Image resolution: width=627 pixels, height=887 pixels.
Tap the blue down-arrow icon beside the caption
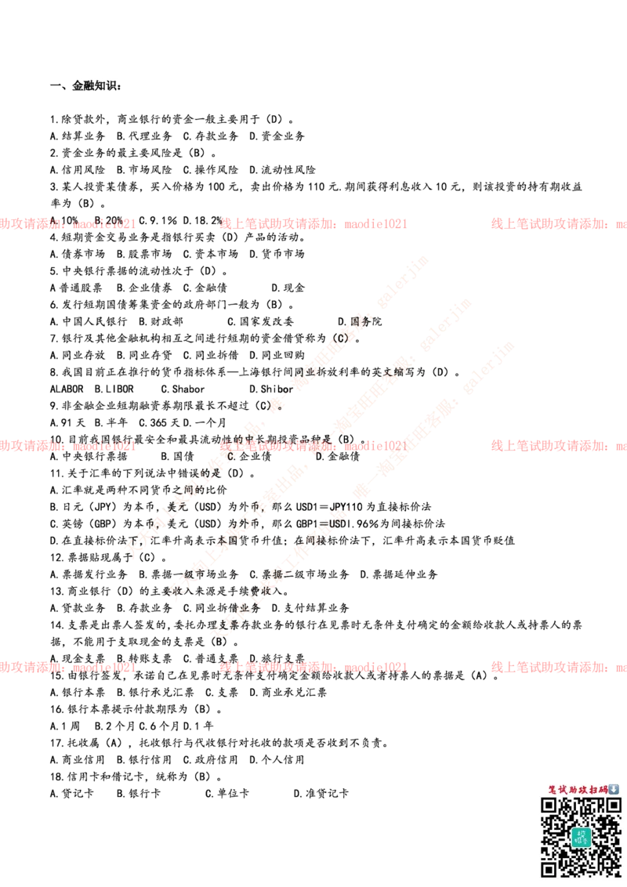(614, 789)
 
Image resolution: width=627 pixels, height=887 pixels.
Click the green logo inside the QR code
(581, 837)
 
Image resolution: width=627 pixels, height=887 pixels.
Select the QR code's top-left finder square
(549, 806)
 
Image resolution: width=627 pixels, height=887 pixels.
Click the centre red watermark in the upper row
(313, 224)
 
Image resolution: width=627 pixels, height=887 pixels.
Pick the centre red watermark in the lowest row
(313, 668)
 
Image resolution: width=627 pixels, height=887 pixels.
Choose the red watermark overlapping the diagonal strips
(313, 446)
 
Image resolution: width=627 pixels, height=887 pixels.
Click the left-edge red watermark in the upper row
(69, 224)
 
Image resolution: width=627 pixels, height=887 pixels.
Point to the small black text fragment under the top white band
(96, 81)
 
